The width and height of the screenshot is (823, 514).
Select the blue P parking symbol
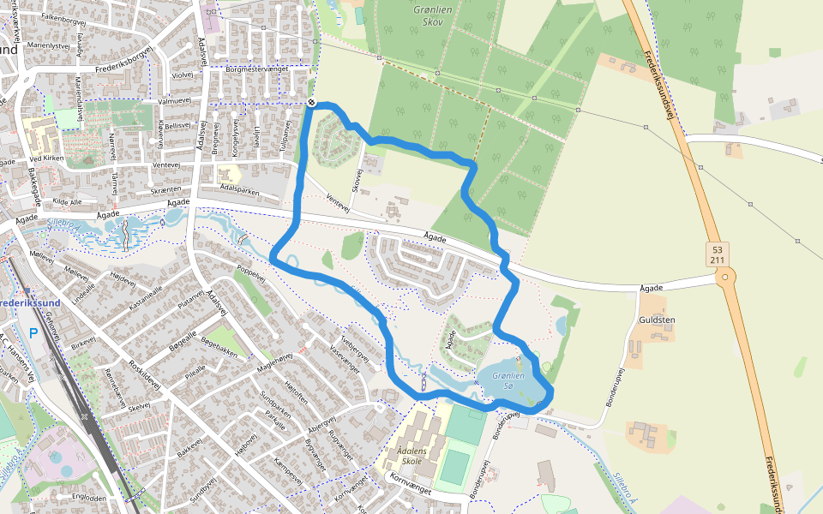(33, 332)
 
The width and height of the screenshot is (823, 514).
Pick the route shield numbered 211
(718, 260)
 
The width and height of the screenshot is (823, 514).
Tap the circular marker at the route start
(311, 103)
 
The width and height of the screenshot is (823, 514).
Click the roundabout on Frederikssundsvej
(726, 277)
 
